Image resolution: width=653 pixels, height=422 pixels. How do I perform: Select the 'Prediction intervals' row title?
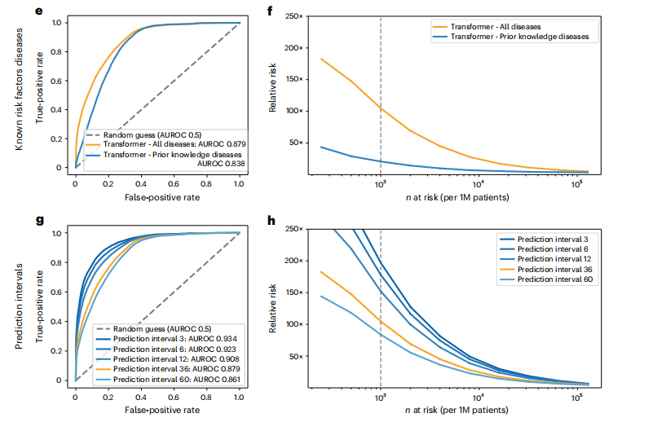tap(17, 301)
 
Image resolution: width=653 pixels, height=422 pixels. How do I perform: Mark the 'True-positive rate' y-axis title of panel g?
tap(39, 306)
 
